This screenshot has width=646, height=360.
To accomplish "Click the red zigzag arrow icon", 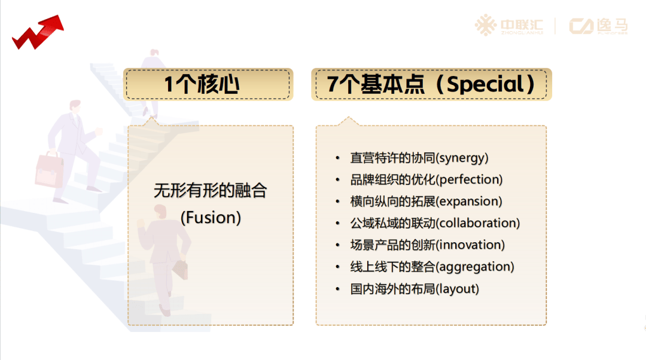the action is (38, 33).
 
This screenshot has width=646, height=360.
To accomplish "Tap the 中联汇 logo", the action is (509, 26).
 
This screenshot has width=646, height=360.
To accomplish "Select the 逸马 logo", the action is (598, 26).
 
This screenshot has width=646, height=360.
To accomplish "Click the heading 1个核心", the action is (202, 84).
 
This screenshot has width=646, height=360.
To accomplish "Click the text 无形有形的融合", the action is (211, 191).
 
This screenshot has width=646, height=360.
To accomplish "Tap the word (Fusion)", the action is (211, 218).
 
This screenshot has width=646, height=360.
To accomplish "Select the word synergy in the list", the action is (462, 158).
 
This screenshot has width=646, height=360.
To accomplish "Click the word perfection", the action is (469, 180).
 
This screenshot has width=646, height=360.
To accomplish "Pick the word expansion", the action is (469, 202).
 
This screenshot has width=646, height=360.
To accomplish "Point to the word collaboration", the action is (477, 223).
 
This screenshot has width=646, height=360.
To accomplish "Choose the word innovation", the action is (470, 245).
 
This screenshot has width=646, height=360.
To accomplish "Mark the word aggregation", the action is (474, 267).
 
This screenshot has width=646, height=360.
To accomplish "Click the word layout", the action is (458, 289).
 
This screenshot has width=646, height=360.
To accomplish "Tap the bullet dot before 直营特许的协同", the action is (337, 158).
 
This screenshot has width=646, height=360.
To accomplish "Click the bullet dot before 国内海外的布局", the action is (337, 289).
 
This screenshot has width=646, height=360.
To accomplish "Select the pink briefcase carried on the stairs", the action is (49, 170).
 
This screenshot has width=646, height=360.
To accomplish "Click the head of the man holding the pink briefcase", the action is (75, 106).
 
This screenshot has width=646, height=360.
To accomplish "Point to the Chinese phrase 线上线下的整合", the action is (392, 267).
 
